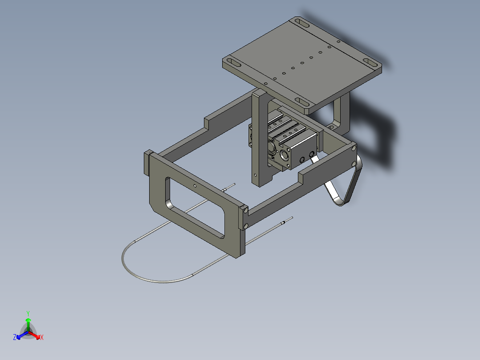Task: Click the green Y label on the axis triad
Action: (28, 313)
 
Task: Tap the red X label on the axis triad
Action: (41, 338)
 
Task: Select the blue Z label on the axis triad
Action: (15, 338)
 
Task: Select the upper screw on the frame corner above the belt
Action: (354, 147)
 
